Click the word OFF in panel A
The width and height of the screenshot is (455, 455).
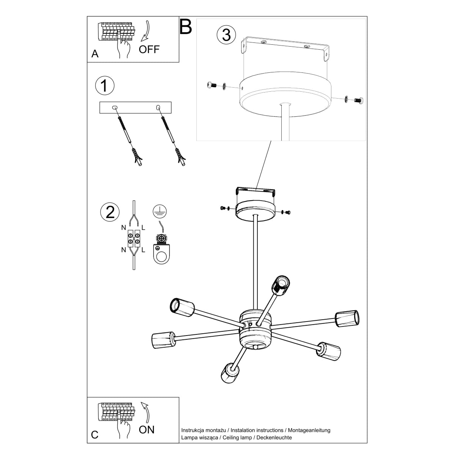[x=149, y=49]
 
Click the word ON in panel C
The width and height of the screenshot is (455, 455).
[x=147, y=430]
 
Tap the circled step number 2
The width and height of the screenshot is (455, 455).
[x=110, y=211]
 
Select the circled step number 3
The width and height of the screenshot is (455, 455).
[x=226, y=35]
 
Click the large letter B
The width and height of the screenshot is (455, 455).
[x=186, y=27]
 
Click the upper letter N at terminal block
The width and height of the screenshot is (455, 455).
[x=124, y=227]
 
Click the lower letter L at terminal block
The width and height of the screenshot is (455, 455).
[x=143, y=250]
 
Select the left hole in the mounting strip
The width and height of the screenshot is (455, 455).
[x=115, y=108]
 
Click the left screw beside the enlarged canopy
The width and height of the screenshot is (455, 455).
[x=212, y=86]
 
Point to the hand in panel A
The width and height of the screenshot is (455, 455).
[x=124, y=49]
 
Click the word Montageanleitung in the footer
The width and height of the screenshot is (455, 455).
[x=309, y=430]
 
